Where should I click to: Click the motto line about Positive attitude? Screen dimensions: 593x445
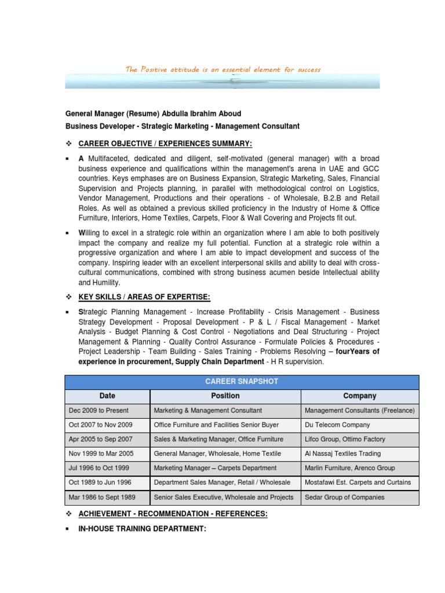223,69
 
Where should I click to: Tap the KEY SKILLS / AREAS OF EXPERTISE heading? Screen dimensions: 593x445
144,298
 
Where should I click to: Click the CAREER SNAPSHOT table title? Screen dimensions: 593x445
241,382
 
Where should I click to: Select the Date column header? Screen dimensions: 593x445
107,396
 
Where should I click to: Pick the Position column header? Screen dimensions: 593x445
225,396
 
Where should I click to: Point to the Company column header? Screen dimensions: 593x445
359,396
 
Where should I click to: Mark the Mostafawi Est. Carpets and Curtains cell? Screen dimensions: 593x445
358,482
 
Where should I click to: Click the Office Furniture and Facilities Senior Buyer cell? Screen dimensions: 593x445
216,425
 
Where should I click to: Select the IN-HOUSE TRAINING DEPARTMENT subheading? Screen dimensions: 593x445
142,529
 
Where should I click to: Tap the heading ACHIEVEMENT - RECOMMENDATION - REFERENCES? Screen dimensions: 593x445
173,514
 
